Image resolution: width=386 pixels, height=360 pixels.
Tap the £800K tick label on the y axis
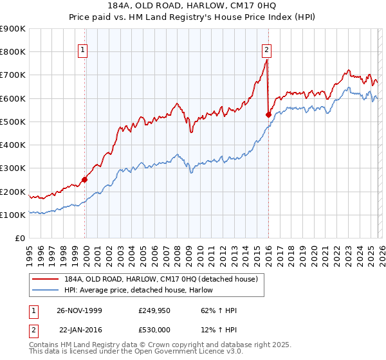point(13,52)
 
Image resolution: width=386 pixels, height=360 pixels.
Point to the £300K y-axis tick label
point(13,168)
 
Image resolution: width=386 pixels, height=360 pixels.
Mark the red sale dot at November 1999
point(84,180)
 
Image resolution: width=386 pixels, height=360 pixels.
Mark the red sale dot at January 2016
point(268,114)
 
